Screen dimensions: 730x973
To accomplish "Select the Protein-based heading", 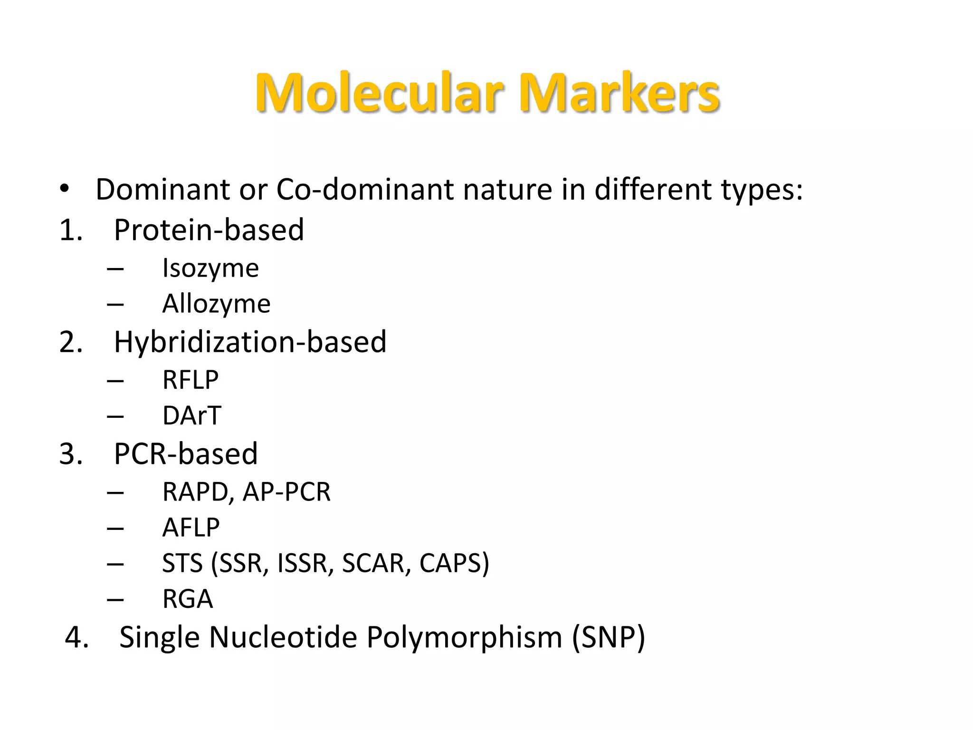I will tap(209, 230).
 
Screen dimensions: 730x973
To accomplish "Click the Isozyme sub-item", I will tap(210, 269).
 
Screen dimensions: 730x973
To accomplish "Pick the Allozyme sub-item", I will tap(216, 304).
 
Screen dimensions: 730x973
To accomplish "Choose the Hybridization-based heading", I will tap(250, 342).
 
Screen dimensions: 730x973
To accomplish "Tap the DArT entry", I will tap(191, 416).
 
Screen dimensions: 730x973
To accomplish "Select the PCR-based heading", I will tap(186, 454).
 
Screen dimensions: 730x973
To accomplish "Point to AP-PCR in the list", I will tap(286, 492).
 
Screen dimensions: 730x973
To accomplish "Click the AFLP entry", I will tap(191, 528).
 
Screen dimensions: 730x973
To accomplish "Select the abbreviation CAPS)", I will tap(454, 563).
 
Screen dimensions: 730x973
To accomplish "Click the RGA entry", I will tap(188, 599).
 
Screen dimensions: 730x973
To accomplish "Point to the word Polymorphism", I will tap(464, 638).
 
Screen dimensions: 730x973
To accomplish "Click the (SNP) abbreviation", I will tap(609, 638).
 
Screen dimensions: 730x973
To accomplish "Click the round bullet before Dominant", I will tap(65, 189).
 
